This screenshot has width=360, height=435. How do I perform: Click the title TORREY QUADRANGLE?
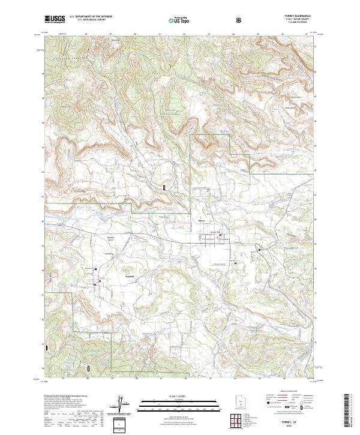[x=301, y=17]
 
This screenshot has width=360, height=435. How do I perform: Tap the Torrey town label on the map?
[x=202, y=219]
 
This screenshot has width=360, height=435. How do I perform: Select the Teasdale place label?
[x=128, y=276]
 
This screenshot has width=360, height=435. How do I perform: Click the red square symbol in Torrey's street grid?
[x=221, y=243]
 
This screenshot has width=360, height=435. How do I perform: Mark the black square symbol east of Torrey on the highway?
[x=259, y=249]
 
